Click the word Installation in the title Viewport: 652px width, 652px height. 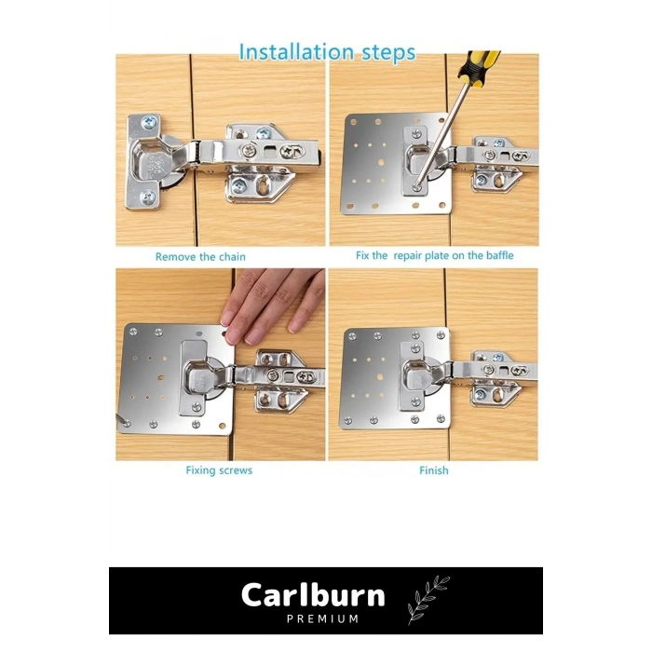click(x=296, y=52)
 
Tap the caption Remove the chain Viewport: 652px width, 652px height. click(x=200, y=256)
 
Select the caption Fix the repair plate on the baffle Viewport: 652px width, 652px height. click(x=435, y=255)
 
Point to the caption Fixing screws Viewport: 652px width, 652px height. click(x=219, y=470)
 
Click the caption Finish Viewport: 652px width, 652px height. click(x=434, y=470)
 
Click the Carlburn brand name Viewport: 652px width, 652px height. click(x=313, y=595)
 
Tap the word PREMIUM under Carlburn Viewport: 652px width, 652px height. click(x=322, y=618)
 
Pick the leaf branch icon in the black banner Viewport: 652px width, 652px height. click(x=428, y=599)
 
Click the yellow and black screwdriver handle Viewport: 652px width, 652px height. click(x=479, y=67)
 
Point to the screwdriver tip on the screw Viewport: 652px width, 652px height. click(x=417, y=186)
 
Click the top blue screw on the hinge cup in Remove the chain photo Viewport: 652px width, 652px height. click(x=149, y=122)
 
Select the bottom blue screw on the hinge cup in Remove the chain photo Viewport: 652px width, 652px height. click(x=148, y=197)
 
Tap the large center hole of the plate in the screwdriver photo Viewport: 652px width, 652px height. click(x=381, y=163)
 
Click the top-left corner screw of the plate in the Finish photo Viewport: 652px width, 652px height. click(x=352, y=336)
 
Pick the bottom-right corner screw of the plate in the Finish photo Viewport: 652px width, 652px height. click(x=441, y=419)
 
